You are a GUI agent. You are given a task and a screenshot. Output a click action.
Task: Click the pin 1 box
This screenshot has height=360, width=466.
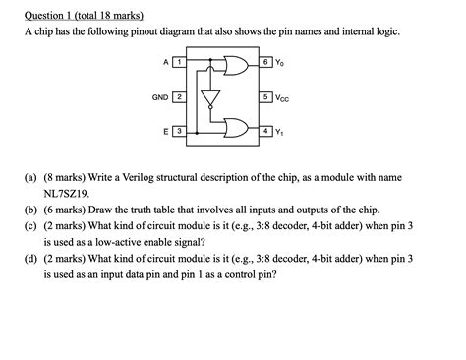tap(178, 64)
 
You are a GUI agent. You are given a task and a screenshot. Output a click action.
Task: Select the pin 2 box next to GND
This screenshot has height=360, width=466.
tap(178, 97)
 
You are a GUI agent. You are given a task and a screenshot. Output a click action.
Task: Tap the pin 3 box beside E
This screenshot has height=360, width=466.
tap(178, 131)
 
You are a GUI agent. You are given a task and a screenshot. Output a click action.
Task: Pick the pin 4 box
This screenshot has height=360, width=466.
tap(266, 131)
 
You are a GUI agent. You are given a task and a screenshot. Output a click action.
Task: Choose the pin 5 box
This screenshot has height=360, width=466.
tap(266, 97)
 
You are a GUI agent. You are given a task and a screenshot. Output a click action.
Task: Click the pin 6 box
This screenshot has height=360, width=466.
tap(266, 64)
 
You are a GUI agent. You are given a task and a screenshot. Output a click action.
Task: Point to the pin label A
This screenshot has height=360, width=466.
tap(165, 64)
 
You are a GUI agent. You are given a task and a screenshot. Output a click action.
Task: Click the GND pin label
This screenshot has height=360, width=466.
tap(159, 97)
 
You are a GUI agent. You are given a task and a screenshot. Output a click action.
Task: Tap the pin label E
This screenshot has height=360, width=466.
tap(165, 131)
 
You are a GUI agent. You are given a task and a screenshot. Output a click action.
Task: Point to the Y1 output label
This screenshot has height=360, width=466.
tap(281, 132)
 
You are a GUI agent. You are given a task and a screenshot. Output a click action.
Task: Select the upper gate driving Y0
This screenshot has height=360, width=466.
tap(236, 65)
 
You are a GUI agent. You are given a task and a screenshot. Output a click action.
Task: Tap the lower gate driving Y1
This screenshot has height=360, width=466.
tap(236, 128)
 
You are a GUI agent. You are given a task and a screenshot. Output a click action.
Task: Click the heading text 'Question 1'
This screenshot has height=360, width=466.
tap(55, 14)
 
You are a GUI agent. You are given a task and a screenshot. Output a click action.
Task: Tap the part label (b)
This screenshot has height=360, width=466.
tap(31, 210)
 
